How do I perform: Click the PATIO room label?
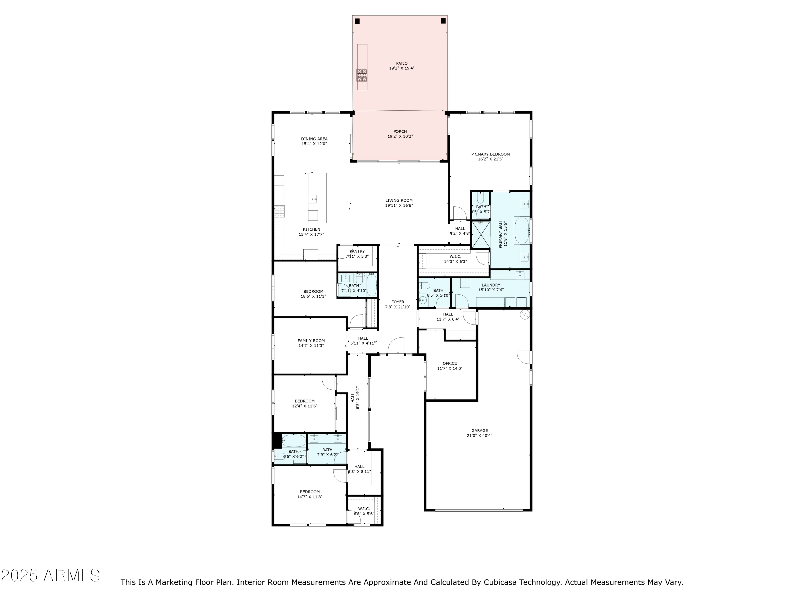click(x=402, y=63)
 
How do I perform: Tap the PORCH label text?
click(x=400, y=132)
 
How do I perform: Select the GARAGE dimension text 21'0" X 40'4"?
click(x=479, y=435)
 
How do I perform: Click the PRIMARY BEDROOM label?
click(x=490, y=154)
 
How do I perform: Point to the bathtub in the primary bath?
click(x=522, y=230)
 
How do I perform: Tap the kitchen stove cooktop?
click(x=279, y=211)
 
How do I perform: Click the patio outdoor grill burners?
click(x=362, y=75)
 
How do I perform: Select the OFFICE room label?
click(x=450, y=363)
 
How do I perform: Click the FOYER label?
click(x=398, y=302)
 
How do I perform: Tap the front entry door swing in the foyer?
click(x=396, y=345)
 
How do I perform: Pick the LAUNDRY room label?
click(x=491, y=285)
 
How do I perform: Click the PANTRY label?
click(x=357, y=251)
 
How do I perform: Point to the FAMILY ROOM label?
click(x=311, y=341)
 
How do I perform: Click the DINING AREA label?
click(x=314, y=139)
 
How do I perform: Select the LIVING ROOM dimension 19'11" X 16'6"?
click(x=399, y=205)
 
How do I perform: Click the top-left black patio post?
click(x=357, y=21)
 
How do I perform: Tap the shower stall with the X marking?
click(x=481, y=234)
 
